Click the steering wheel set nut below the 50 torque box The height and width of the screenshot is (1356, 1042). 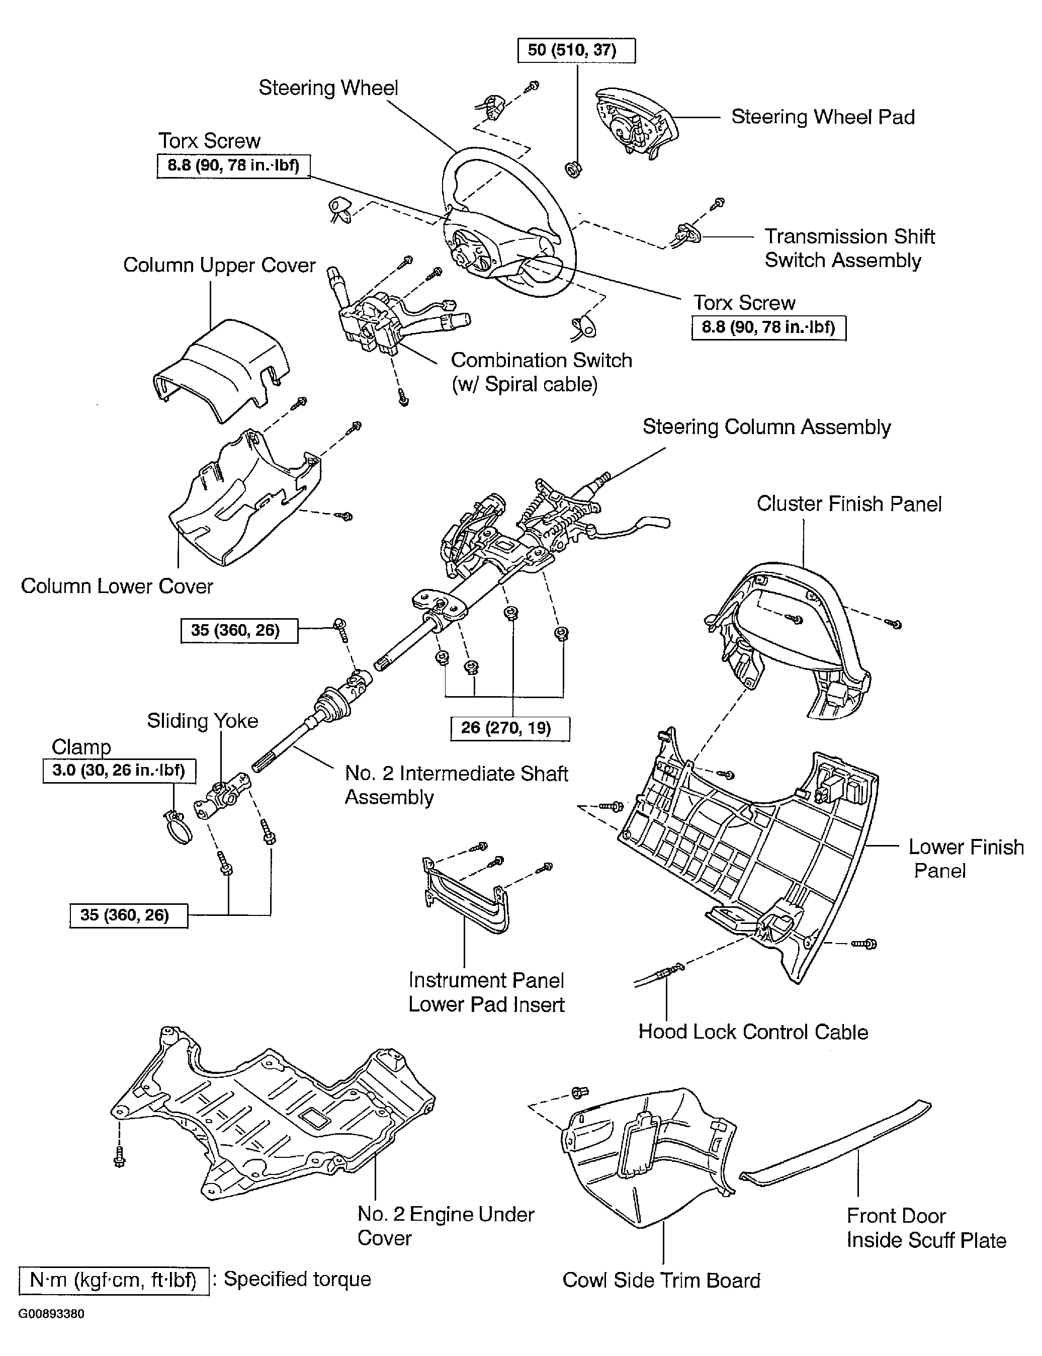point(574,168)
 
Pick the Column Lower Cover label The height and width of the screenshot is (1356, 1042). point(117,586)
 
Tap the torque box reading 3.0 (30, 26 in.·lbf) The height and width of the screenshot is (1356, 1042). point(119,771)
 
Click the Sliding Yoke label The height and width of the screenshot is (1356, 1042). point(202,721)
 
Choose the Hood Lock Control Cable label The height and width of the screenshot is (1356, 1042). point(753,1032)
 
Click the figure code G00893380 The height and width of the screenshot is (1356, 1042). point(51,1314)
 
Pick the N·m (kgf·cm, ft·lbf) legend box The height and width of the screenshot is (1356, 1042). point(114,1280)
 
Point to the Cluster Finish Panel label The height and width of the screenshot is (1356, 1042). point(848,503)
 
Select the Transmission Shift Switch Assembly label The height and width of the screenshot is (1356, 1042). point(848,248)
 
